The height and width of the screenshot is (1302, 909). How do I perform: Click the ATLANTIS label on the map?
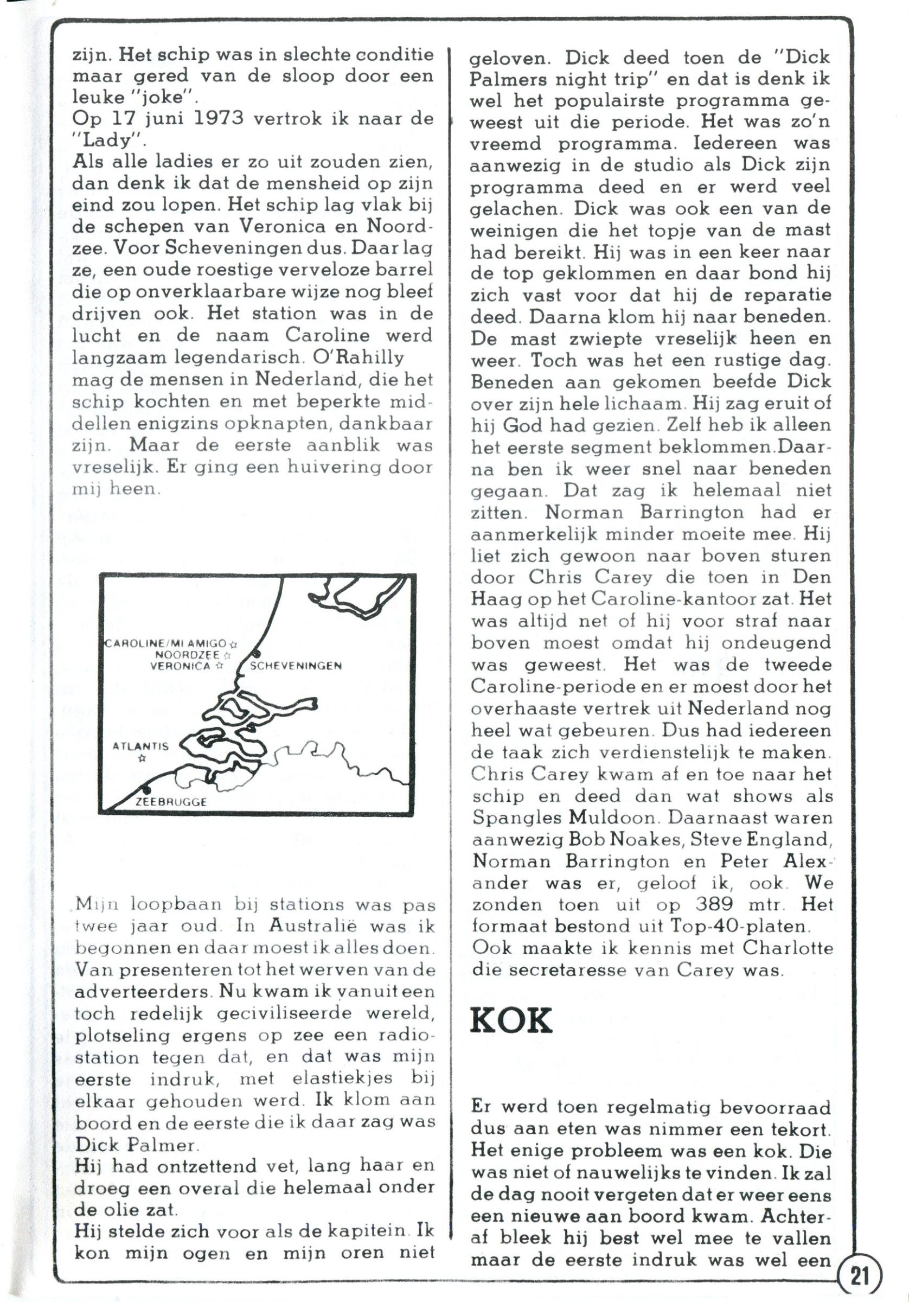pyautogui.click(x=140, y=746)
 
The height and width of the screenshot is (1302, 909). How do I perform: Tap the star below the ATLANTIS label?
pyautogui.click(x=142, y=758)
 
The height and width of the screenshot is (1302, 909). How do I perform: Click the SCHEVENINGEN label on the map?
pyautogui.click(x=296, y=666)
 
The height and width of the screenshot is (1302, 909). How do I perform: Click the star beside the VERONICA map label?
pyautogui.click(x=219, y=667)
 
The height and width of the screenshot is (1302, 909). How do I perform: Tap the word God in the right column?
pyautogui.click(x=523, y=425)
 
